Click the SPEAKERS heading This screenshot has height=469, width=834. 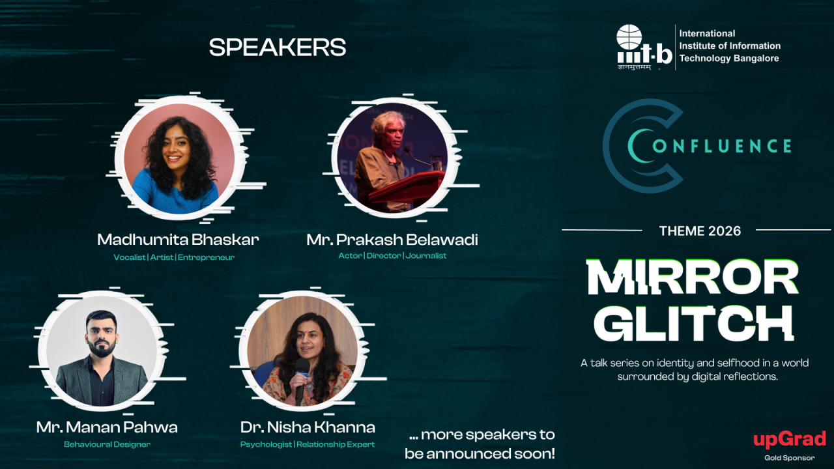coord(277,48)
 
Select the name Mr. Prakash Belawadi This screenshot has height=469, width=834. coord(392,240)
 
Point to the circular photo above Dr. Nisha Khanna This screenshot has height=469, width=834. coord(302,352)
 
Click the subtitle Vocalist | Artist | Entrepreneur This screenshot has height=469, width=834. coord(174,257)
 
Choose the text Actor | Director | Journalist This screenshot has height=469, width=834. coord(392,256)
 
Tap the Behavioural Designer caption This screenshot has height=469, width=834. coord(107,444)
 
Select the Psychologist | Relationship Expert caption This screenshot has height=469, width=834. coord(308,444)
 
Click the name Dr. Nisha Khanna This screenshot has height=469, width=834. coord(308,427)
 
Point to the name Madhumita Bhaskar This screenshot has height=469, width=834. coord(178,240)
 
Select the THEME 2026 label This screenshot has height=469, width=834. coord(700,231)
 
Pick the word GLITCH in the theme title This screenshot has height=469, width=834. coord(693,322)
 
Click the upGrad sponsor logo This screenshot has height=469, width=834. coord(789,440)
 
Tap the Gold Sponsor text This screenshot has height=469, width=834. coord(789,458)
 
